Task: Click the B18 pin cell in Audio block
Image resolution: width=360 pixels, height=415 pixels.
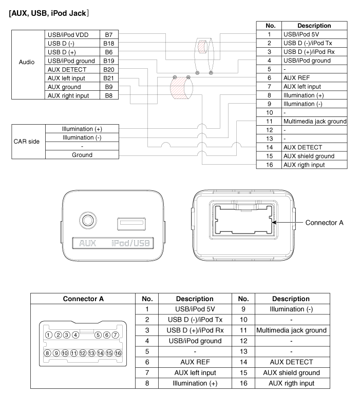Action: click(x=108, y=44)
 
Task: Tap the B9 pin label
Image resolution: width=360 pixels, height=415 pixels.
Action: click(x=108, y=87)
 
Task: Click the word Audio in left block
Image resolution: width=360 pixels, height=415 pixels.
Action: click(x=27, y=62)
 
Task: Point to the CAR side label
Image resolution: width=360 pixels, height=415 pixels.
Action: click(x=27, y=142)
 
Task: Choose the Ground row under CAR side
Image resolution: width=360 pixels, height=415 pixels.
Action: click(x=82, y=155)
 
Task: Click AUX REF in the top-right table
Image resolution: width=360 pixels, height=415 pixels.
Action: click(x=296, y=78)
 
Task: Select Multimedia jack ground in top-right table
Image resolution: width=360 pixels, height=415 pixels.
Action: click(x=315, y=121)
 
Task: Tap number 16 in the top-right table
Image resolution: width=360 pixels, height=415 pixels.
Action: click(x=270, y=165)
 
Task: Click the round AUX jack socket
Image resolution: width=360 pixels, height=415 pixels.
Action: click(x=88, y=220)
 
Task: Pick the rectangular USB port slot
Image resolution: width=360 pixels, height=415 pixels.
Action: click(x=131, y=224)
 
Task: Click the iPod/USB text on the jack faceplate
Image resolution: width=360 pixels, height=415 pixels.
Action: click(x=130, y=243)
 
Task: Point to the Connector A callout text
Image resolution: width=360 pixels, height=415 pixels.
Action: click(x=324, y=223)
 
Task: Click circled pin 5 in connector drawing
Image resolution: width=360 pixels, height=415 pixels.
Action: click(x=98, y=335)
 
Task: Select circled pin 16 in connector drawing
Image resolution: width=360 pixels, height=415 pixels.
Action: click(x=118, y=353)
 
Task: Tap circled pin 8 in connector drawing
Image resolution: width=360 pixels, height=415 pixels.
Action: click(x=47, y=353)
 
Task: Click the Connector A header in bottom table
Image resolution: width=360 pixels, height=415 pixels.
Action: click(x=83, y=299)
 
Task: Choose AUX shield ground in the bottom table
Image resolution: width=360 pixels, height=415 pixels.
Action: click(x=291, y=372)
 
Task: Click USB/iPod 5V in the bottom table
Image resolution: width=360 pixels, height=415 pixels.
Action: click(x=195, y=309)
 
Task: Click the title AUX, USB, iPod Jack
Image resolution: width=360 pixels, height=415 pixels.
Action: click(x=49, y=13)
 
